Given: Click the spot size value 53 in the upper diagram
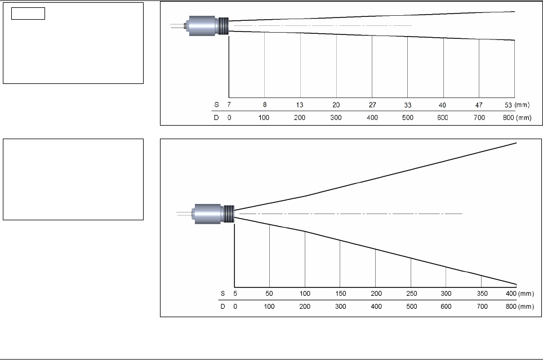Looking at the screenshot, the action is click(x=508, y=105).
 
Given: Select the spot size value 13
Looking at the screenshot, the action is click(x=300, y=105).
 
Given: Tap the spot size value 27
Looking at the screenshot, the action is click(x=372, y=105).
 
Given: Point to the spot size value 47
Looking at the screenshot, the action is click(x=479, y=105).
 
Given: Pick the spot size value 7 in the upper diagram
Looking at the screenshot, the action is click(x=229, y=105).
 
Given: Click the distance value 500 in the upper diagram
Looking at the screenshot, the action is click(x=408, y=117).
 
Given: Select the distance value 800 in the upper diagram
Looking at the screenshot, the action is click(x=509, y=117).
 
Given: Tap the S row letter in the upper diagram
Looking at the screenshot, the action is click(x=216, y=105).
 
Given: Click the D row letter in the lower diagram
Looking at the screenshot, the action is click(x=222, y=306).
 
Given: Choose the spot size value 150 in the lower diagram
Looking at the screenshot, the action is click(x=340, y=294).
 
